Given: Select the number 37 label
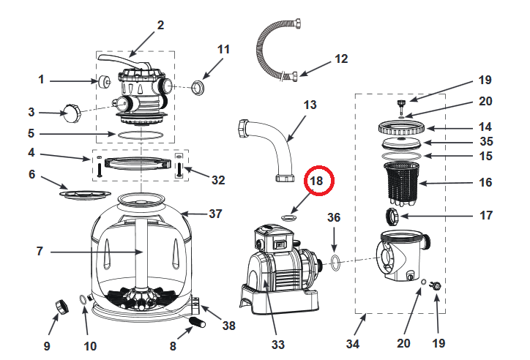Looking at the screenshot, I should tap(215, 214).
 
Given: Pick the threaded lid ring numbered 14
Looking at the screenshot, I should tap(403, 127).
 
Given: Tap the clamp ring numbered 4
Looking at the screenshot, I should tap(136, 162).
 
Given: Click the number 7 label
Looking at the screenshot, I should tap(40, 251).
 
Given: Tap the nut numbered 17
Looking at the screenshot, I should tap(392, 215).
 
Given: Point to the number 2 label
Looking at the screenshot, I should tap(160, 26).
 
